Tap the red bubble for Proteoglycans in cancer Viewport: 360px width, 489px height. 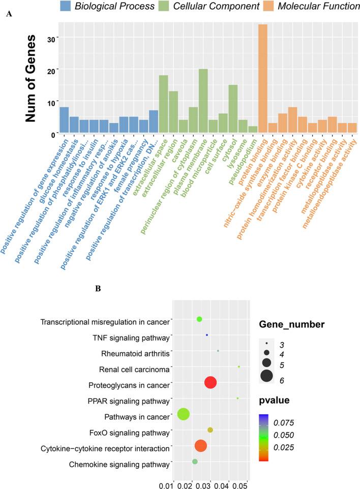[211, 383]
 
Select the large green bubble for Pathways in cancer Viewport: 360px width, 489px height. [184, 414]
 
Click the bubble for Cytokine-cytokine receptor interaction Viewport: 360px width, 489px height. [201, 446]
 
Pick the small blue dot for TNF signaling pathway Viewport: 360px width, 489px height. [207, 335]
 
